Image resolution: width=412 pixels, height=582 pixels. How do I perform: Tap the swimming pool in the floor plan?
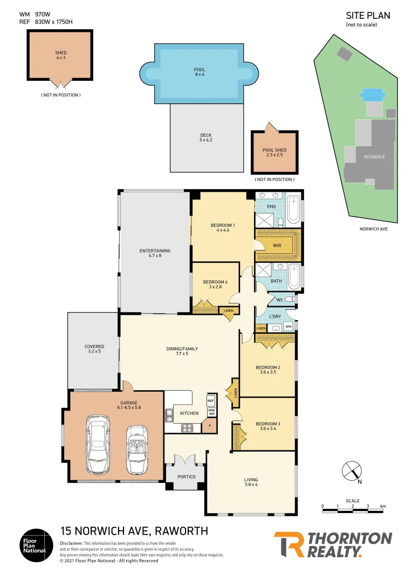click(200, 73)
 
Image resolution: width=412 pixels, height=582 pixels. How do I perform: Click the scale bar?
click(353, 507)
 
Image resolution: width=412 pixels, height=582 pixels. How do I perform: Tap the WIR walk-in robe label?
click(277, 245)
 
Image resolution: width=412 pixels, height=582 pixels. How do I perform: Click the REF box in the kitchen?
click(211, 401)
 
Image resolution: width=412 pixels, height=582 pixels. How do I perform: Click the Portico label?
click(185, 476)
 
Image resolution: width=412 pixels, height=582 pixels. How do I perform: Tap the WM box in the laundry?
click(288, 326)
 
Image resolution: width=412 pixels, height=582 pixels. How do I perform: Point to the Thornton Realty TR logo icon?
click(289, 544)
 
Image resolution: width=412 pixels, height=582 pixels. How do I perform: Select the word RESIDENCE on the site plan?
click(374, 157)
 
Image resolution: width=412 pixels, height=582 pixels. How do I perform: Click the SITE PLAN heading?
click(367, 16)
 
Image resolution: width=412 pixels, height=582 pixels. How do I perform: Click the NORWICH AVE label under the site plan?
click(374, 229)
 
